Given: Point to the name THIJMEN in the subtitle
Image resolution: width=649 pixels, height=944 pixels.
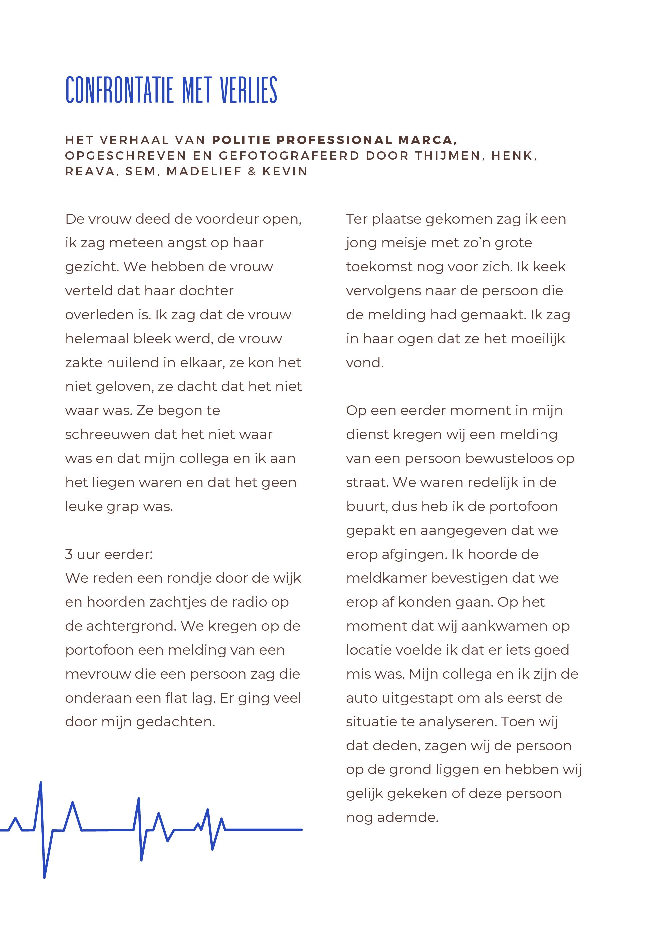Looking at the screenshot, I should click(x=448, y=156).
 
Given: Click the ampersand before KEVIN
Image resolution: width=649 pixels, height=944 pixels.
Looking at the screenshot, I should click(x=252, y=171).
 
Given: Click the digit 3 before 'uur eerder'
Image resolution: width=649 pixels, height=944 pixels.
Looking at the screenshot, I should click(x=69, y=554).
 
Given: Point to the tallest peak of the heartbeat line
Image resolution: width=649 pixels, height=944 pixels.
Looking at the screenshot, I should click(x=41, y=783).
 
